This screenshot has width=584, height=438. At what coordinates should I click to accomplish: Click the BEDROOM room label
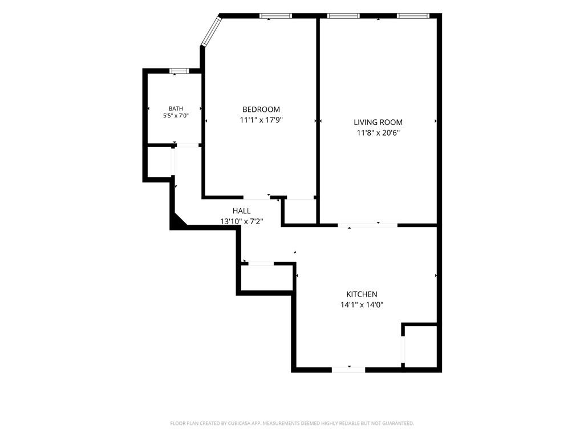point(261,109)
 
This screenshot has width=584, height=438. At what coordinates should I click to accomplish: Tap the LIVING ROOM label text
point(378,122)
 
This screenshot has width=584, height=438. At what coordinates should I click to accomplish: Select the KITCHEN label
point(362,294)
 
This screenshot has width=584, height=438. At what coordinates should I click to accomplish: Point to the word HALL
point(242,211)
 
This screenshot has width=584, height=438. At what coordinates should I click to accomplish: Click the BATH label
point(176,109)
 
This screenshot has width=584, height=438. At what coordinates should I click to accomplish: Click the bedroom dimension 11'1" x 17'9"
point(261,120)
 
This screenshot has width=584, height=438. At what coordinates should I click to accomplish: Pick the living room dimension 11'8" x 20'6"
point(379,132)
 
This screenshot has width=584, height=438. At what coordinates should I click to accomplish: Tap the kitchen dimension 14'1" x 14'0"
point(362,305)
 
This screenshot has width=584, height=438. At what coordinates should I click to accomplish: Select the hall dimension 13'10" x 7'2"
point(242,222)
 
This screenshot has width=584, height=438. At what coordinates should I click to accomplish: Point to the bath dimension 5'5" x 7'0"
point(176,116)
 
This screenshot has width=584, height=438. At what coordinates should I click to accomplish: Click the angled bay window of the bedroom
point(211,32)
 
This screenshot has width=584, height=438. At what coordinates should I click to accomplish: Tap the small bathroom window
point(179,71)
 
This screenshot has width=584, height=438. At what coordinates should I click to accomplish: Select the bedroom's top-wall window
point(275,15)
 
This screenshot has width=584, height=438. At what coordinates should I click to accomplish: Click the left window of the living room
point(343,15)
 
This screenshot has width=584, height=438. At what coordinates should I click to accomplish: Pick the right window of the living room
point(413,15)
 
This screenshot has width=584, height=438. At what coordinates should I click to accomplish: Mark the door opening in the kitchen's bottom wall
point(348,370)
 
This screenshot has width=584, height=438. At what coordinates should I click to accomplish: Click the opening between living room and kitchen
point(368,225)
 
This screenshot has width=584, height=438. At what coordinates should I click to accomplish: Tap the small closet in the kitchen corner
point(420,346)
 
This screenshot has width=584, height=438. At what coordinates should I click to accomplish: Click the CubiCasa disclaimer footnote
point(292,424)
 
